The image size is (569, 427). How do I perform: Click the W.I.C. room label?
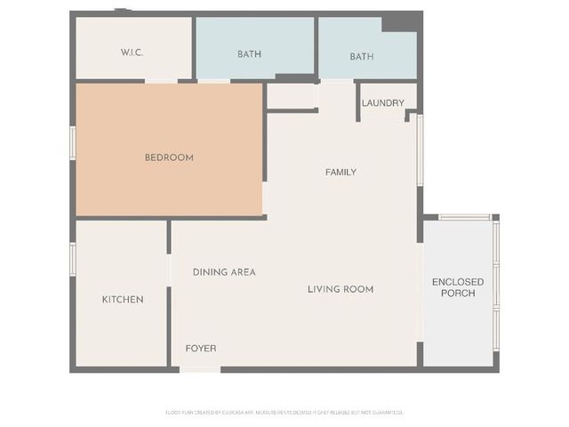coord(132,53)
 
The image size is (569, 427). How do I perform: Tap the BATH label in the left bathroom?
coord(249,55)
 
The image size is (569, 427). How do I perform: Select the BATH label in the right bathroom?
coord(362,56)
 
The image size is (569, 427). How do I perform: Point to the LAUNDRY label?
coord(383,103)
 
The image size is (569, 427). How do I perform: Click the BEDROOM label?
coord(169,157)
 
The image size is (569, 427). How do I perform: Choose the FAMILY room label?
coord(341,172)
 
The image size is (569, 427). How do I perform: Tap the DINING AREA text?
coord(224,272)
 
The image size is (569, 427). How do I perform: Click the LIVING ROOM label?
coord(341,289)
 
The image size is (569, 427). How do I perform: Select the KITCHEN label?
coord(123,300)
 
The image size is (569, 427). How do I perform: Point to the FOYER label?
coord(201,348)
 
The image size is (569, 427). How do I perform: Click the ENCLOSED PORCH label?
coord(458,287)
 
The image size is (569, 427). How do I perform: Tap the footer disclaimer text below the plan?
coord(284,412)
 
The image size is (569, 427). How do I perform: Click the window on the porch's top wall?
coord(464,217)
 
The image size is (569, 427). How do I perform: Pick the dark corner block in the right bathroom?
coord(398,24)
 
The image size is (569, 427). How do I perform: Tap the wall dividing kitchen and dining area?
coord(169,294)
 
